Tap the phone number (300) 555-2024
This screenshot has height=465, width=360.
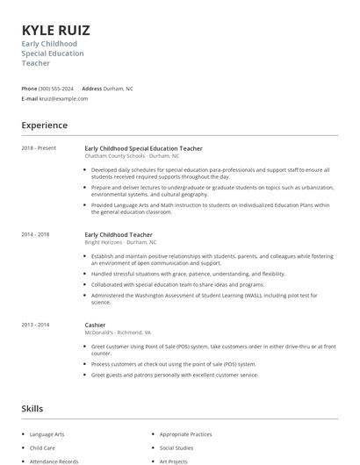click(56, 89)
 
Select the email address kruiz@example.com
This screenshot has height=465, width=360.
click(64, 98)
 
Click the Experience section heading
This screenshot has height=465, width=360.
click(45, 125)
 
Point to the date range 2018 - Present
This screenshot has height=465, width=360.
click(40, 148)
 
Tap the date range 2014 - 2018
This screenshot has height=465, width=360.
click(36, 235)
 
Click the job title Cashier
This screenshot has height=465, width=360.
click(95, 325)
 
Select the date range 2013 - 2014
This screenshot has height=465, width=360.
click(36, 325)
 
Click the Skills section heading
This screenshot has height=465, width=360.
click(32, 409)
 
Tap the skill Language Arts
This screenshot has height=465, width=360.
click(47, 434)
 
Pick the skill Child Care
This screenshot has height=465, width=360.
click(42, 447)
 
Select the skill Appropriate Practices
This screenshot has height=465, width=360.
click(186, 434)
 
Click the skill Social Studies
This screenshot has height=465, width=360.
click(176, 447)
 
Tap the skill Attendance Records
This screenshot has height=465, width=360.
click(54, 461)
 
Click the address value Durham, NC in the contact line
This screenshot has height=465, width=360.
click(119, 89)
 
